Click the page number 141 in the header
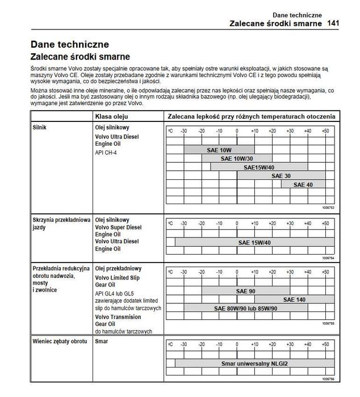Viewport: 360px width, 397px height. [333, 24]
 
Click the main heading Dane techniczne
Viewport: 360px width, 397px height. [70, 44]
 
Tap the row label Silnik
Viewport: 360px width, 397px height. [40, 128]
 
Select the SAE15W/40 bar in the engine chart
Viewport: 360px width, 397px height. [258, 167]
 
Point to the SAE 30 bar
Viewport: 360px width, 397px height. [281, 176]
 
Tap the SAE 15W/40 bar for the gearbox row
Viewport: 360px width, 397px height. [254, 243]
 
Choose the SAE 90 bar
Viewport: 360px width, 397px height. [245, 291]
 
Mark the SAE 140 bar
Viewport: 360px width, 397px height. [294, 299]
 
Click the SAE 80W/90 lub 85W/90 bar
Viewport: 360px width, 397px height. [245, 309]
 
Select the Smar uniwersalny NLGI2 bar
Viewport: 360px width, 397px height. [254, 363]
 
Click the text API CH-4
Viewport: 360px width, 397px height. [106, 153]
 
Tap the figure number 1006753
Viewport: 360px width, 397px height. [328, 208]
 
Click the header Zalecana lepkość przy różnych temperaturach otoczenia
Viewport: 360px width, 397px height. [250, 116]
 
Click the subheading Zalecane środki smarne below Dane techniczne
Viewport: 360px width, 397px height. [79, 57]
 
